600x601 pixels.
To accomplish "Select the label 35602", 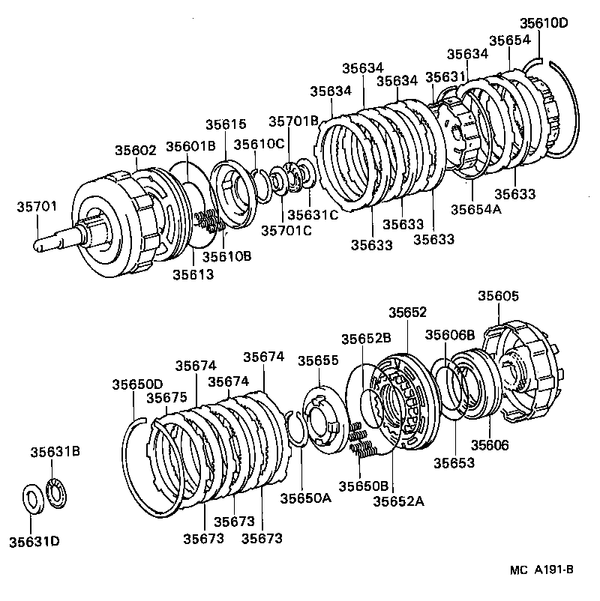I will click(136, 150).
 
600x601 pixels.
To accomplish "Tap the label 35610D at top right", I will click(545, 23).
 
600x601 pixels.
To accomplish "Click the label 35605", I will click(499, 297).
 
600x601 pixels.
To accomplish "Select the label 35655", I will click(318, 360).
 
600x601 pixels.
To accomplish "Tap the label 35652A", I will click(398, 501).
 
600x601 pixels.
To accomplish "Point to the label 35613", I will click(193, 274).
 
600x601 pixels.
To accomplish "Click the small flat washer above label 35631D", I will click(32, 499).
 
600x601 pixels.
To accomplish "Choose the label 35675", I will click(166, 398).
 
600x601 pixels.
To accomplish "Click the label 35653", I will click(454, 463).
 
